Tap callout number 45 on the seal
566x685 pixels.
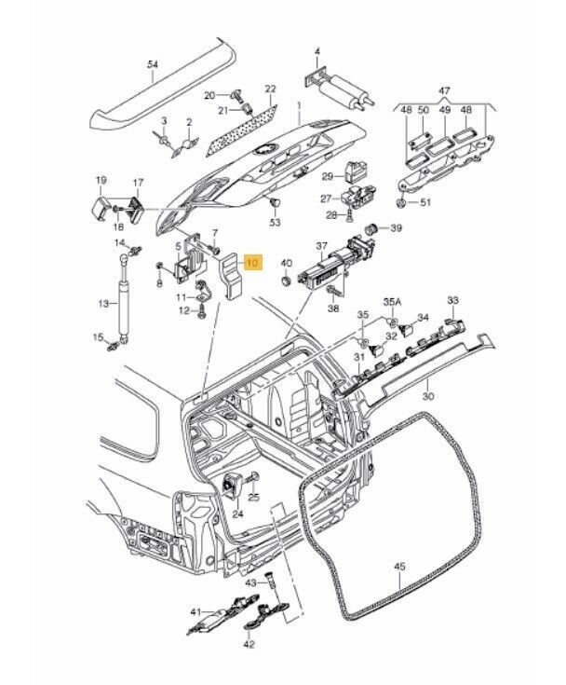[399, 565]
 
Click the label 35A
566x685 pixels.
[393, 303]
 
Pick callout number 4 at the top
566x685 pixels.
[317, 49]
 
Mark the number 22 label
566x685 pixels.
[270, 89]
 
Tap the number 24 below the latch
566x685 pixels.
[236, 514]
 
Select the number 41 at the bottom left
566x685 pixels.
[195, 612]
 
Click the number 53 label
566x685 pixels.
[275, 223]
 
